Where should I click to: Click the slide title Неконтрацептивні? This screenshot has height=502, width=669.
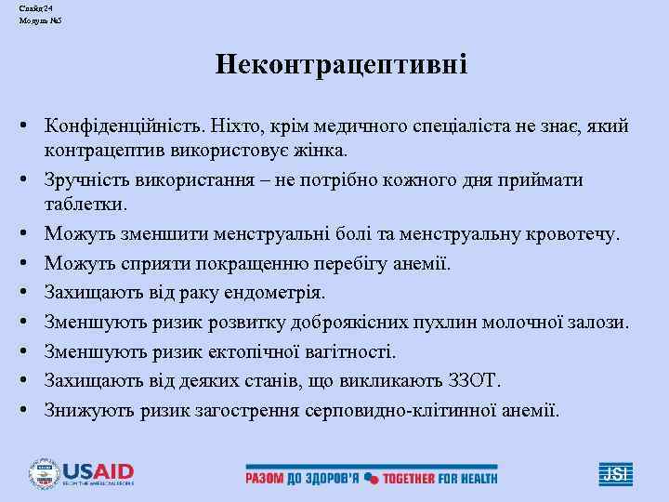[x=342, y=65]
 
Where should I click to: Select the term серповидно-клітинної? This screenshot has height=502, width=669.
[x=397, y=409]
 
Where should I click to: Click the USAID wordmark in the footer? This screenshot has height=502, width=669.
[x=98, y=470]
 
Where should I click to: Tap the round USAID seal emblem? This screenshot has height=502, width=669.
[x=43, y=474]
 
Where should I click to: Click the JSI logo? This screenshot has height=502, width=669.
[x=615, y=475]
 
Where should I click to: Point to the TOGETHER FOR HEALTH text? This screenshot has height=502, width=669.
[x=441, y=478]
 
